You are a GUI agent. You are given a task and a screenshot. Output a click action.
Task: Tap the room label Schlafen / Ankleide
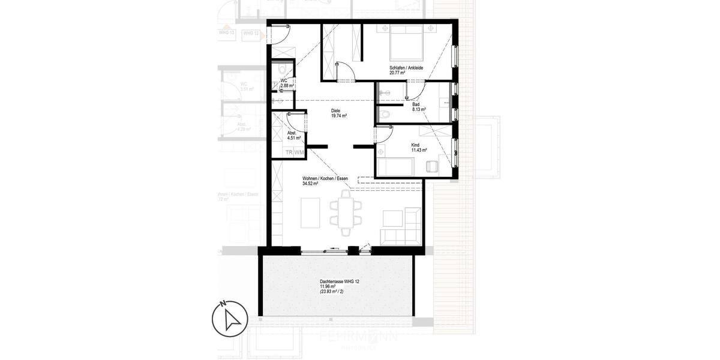click(406, 68)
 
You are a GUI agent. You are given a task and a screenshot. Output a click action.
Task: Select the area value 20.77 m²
click(397, 73)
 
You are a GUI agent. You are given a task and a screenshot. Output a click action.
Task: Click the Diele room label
click(337, 111)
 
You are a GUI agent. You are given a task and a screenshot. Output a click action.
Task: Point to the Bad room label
click(416, 104)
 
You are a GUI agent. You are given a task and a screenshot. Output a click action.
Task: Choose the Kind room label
click(415, 145)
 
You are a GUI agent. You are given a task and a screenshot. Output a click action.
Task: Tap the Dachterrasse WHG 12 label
click(340, 281)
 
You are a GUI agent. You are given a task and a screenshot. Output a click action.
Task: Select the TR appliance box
click(289, 153)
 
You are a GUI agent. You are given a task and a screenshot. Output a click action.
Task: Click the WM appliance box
click(299, 153)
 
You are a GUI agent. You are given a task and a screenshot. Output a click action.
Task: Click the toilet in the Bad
click(385, 114)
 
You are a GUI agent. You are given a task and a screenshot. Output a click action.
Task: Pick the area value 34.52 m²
click(310, 184)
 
